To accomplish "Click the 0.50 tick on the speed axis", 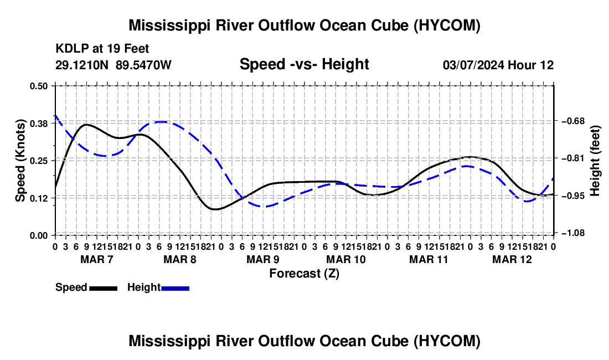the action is click(x=38, y=86).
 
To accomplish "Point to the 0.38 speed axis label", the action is click(x=38, y=124).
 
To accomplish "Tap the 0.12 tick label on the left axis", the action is click(x=38, y=198).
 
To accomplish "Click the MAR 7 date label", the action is click(x=97, y=259).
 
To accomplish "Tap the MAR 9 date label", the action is click(x=263, y=259).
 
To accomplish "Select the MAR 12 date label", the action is click(x=512, y=259).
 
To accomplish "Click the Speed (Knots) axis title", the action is click(x=20, y=161).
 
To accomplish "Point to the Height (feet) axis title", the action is click(x=596, y=161).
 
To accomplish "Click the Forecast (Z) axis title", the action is click(x=304, y=274).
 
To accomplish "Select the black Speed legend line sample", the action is click(x=104, y=288).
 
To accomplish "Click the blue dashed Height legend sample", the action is click(x=175, y=288).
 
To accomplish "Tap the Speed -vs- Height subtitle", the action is click(x=304, y=64).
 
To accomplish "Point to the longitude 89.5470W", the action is click(x=143, y=65).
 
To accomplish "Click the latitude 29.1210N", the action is click(x=82, y=65).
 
